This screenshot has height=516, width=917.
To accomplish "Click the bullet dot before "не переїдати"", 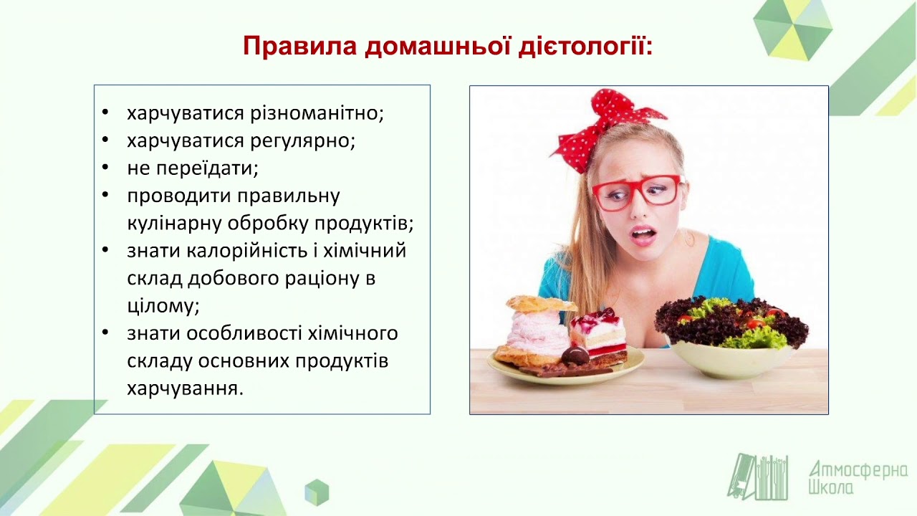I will pos(106,168).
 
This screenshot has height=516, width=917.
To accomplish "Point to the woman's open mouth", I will pos(643,234).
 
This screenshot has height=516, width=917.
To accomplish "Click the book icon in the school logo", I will pos(757,477).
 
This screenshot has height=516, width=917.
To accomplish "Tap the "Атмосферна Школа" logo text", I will pos(857,478).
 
